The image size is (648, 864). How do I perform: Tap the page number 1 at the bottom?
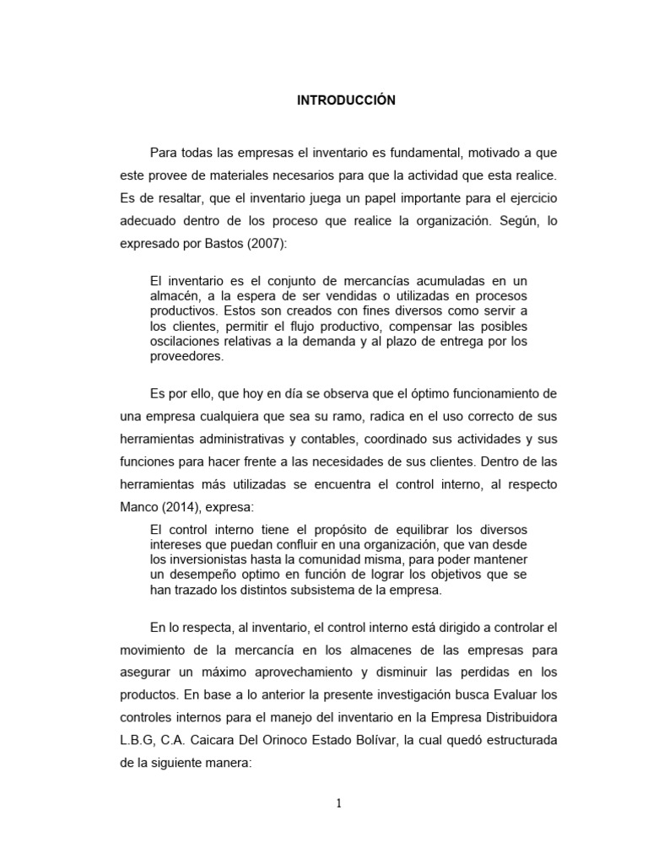tap(338, 803)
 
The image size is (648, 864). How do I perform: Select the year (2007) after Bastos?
tap(266, 244)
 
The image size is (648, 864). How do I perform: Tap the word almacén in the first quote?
tap(172, 295)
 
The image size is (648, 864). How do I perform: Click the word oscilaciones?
tap(186, 341)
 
